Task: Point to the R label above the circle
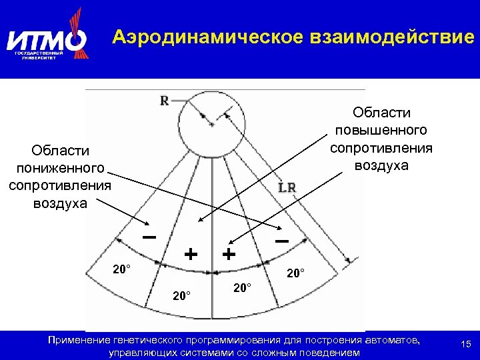[164, 101]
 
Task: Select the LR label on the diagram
[287, 189]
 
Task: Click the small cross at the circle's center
[211, 125]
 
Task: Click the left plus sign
[191, 254]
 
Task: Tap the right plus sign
[229, 254]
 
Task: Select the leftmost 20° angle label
[122, 269]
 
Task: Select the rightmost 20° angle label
[295, 273]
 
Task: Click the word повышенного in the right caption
[381, 130]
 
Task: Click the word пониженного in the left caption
[59, 169]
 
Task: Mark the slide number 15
[465, 344]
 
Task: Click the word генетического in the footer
[148, 340]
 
